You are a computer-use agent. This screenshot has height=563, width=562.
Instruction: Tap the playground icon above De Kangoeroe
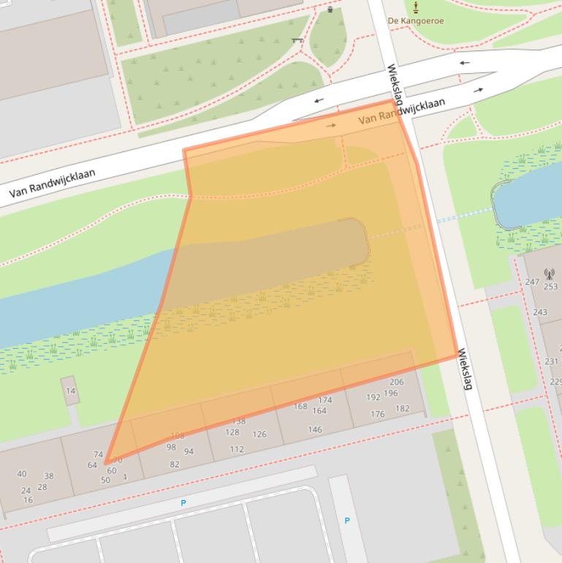pyautogui.click(x=416, y=7)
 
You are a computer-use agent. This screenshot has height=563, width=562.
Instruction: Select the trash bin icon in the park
pyautogui.click(x=330, y=10)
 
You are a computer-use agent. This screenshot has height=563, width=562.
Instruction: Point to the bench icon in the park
pyautogui.click(x=297, y=39)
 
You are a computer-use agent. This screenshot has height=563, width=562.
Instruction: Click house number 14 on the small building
pyautogui.click(x=70, y=390)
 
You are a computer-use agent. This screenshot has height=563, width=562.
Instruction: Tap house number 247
pyautogui.click(x=532, y=281)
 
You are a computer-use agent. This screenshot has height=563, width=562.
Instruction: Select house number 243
pyautogui.click(x=539, y=312)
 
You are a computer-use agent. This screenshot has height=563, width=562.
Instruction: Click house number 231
pyautogui.click(x=551, y=361)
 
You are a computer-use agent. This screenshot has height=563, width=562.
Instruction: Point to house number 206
pyautogui.click(x=396, y=382)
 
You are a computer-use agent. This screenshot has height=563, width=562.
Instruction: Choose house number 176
pyautogui.click(x=377, y=414)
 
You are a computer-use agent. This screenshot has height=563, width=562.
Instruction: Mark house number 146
pyautogui.click(x=314, y=429)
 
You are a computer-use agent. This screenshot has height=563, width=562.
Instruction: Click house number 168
pyautogui.click(x=300, y=407)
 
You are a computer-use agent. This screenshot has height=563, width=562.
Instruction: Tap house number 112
pyautogui.click(x=236, y=449)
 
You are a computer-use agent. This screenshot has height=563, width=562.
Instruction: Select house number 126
pyautogui.click(x=259, y=434)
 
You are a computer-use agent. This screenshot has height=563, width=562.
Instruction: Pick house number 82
pyautogui.click(x=174, y=464)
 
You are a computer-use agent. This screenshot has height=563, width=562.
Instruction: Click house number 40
pyautogui.click(x=21, y=474)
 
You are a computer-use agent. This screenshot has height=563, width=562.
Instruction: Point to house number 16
pyautogui.click(x=28, y=500)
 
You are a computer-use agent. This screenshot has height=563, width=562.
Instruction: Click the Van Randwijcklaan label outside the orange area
pyautogui.click(x=52, y=184)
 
